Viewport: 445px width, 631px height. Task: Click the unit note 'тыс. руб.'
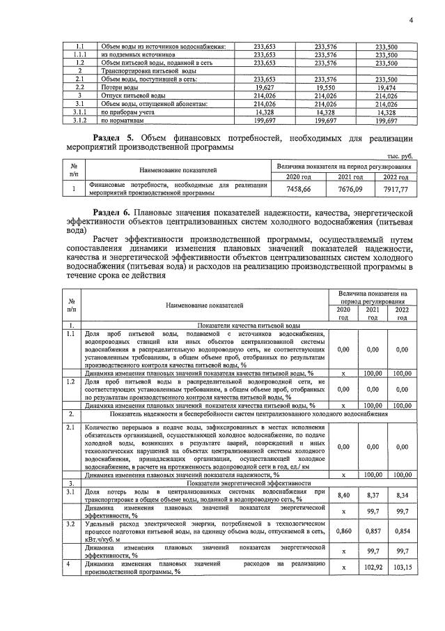click(403, 158)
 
